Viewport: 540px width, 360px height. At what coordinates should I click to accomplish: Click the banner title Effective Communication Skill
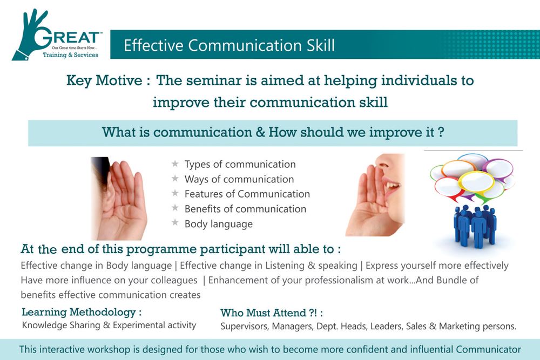point(229,45)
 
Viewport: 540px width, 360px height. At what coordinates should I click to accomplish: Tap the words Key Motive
point(104,81)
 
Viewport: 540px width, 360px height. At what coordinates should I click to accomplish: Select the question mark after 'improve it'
point(441,132)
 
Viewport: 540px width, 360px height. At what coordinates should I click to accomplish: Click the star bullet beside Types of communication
point(175,164)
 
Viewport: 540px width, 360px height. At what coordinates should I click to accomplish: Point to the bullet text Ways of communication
point(239,179)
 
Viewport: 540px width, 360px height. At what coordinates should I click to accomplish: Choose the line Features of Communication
point(247,194)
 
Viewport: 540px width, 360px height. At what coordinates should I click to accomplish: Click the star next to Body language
point(175,223)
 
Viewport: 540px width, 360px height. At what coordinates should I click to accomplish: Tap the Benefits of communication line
point(245,208)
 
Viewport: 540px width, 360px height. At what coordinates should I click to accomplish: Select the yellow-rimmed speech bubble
point(477,182)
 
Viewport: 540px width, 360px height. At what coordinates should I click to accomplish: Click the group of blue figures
point(475,226)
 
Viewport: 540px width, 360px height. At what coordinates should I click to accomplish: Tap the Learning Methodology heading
point(82,312)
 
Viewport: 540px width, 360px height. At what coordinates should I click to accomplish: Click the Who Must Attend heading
point(272,313)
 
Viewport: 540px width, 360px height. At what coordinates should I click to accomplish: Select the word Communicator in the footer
point(488,349)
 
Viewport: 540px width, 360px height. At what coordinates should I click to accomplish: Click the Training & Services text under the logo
point(70,55)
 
